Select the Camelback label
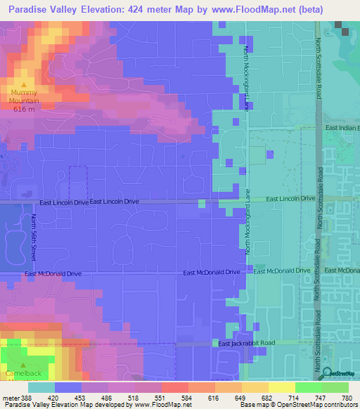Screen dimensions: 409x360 click(25, 373)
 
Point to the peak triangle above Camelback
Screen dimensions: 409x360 click(23, 365)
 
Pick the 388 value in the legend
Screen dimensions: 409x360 click(27, 398)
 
